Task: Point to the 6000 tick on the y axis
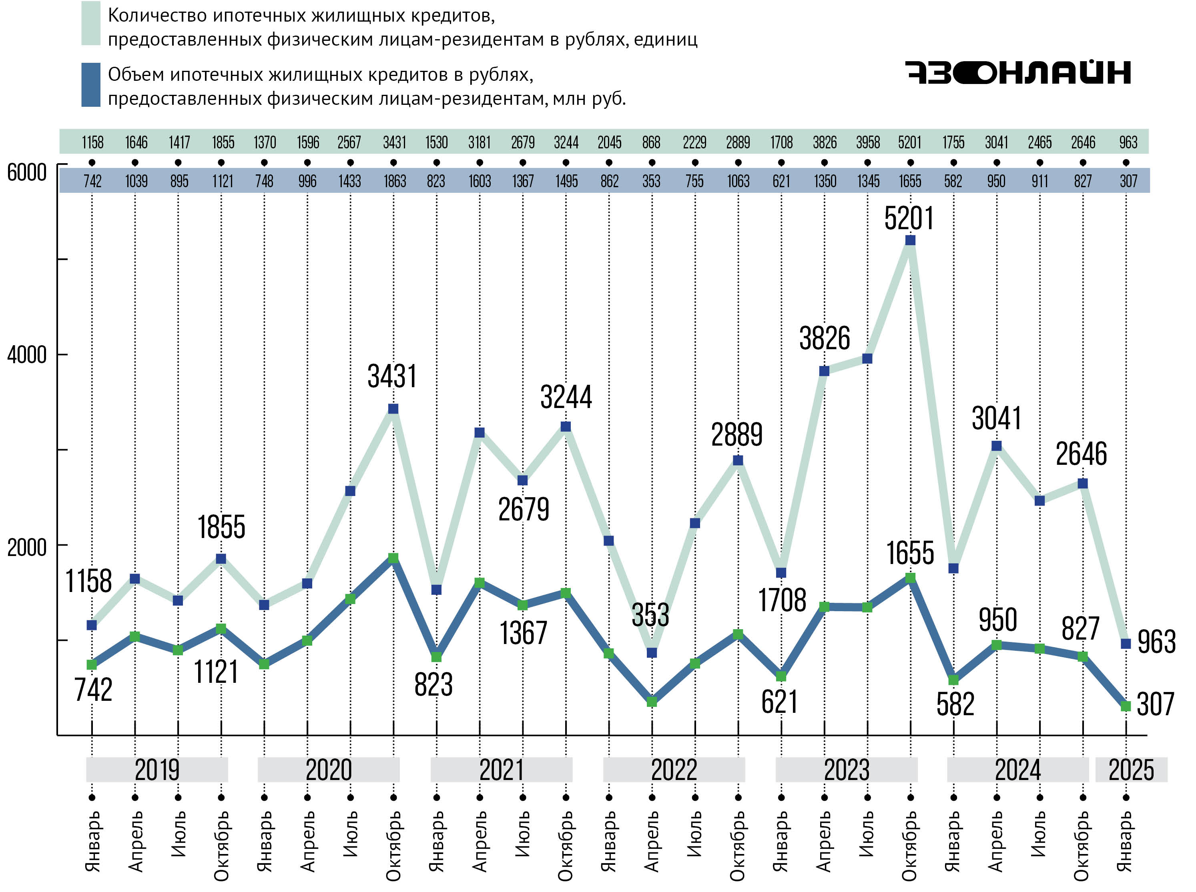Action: (27, 172)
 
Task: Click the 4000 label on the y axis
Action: (27, 355)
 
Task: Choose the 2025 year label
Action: (1131, 770)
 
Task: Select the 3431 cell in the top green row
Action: (394, 142)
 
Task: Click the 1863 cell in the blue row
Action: (394, 181)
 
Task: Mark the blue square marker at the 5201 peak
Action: (910, 240)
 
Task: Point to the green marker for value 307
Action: (1126, 706)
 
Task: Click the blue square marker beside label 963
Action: (1126, 644)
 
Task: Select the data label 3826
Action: (824, 338)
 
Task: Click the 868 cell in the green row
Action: (652, 142)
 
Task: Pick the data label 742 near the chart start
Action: (93, 690)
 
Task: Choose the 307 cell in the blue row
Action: (1128, 181)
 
